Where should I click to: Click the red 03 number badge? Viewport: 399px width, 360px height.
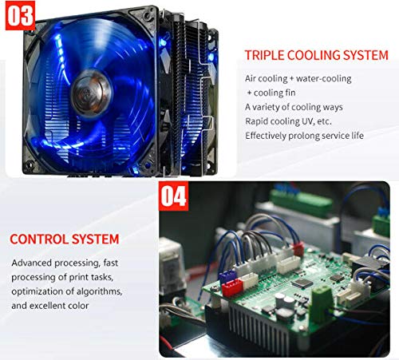[x=20, y=15]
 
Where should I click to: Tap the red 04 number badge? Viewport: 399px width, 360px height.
[x=173, y=196]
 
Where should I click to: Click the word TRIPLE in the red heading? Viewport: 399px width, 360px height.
[x=264, y=55]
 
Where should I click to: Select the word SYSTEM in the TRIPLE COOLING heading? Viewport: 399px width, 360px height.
[x=365, y=55]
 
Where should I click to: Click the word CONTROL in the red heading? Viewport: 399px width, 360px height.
[x=39, y=239]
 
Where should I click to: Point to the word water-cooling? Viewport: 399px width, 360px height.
[x=324, y=78]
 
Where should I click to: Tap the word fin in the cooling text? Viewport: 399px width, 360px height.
[x=290, y=93]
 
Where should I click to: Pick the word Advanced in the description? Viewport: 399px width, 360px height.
[x=31, y=263]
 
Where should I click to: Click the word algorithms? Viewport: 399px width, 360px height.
[x=100, y=291]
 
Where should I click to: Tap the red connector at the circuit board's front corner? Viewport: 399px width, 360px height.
[x=232, y=288]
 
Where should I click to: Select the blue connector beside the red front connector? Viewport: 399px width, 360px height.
[x=227, y=276]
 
